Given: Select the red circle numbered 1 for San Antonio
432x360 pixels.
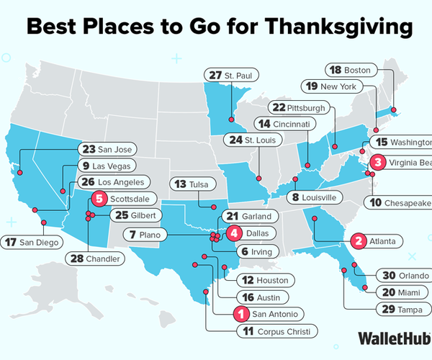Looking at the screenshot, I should [x=242, y=313].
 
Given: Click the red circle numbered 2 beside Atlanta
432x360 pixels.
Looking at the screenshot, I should [x=356, y=240].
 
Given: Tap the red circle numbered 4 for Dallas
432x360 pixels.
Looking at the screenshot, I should [x=234, y=233].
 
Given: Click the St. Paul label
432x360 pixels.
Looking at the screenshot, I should [x=230, y=75].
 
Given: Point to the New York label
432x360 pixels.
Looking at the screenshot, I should [x=338, y=86].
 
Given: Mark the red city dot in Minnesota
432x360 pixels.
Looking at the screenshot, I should [x=231, y=120].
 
